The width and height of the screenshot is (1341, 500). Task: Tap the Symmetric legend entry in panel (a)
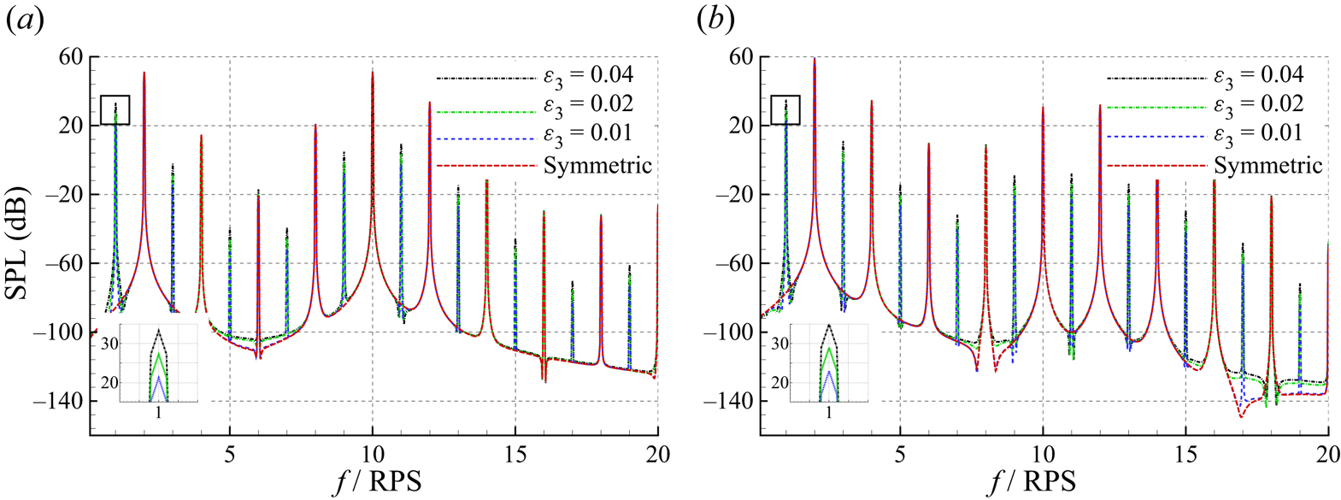(597, 165)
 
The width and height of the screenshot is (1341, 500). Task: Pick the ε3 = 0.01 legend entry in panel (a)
(588, 134)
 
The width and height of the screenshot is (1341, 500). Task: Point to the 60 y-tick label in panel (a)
(70, 56)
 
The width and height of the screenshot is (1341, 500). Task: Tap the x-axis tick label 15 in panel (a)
(515, 455)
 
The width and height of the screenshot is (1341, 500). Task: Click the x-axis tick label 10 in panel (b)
(1043, 455)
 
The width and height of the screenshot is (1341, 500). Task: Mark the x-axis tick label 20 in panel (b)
(1327, 455)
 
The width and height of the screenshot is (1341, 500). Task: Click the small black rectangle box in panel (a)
(115, 109)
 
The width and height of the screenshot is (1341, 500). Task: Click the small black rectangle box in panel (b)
(785, 109)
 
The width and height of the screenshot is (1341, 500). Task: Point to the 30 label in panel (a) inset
(109, 344)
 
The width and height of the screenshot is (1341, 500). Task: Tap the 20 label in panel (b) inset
(779, 383)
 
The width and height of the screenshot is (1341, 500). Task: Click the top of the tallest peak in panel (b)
(815, 59)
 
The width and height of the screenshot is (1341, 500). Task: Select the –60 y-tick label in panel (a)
(66, 263)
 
